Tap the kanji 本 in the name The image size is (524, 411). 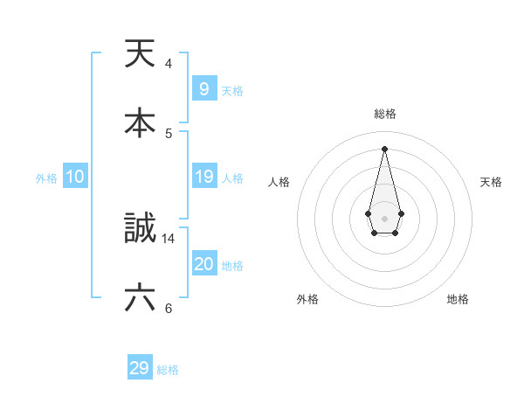pyautogui.click(x=140, y=123)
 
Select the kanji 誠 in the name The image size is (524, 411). pyautogui.click(x=140, y=229)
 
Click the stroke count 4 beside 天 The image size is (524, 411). pyautogui.click(x=168, y=63)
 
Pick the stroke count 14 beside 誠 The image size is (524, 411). pyautogui.click(x=169, y=238)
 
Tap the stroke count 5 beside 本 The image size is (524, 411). pyautogui.click(x=168, y=133)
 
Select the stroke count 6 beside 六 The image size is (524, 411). pyautogui.click(x=168, y=308)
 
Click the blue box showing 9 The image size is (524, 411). pyautogui.click(x=203, y=89)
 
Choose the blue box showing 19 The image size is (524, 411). pyautogui.click(x=203, y=177)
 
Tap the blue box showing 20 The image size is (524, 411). pyautogui.click(x=203, y=264)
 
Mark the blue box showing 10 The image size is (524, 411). pyautogui.click(x=75, y=177)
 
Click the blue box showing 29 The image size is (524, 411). pyautogui.click(x=139, y=368)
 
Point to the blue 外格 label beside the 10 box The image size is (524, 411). pyautogui.click(x=46, y=178)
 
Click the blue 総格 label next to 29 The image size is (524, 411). pyautogui.click(x=168, y=370)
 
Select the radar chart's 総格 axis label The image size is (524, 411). pyautogui.click(x=384, y=114)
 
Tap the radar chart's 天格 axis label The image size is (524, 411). pyautogui.click(x=492, y=182)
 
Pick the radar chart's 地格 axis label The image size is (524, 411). pyautogui.click(x=458, y=299)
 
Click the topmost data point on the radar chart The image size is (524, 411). pyautogui.click(x=384, y=148)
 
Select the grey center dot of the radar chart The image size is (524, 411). pyautogui.click(x=384, y=218)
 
